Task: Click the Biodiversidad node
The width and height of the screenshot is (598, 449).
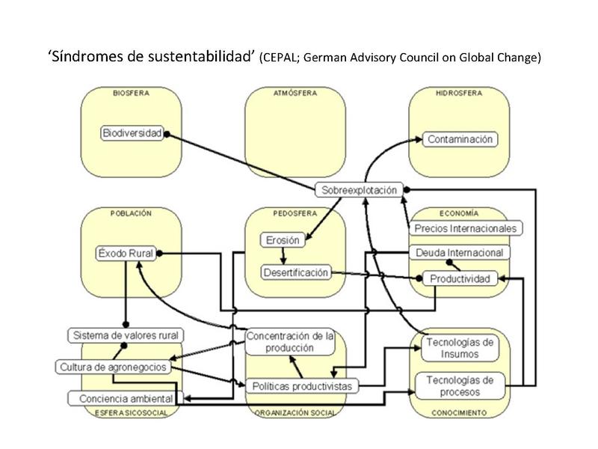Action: click(x=132, y=133)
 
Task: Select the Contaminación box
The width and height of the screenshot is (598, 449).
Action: click(x=460, y=139)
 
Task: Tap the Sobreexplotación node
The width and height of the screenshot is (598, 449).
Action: click(x=360, y=190)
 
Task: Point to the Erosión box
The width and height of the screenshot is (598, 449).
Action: click(x=282, y=240)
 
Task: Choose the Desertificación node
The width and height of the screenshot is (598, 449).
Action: click(x=296, y=272)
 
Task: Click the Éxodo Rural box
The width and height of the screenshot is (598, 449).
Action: click(x=126, y=254)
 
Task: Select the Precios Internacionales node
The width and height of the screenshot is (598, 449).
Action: click(x=466, y=227)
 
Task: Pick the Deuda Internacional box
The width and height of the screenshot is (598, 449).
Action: click(x=459, y=253)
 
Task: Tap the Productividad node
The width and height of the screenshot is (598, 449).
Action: click(x=460, y=278)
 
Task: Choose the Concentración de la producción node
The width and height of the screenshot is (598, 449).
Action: click(x=290, y=341)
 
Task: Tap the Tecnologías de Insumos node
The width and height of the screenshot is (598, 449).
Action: click(x=459, y=348)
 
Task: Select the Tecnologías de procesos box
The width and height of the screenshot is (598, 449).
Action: click(x=459, y=385)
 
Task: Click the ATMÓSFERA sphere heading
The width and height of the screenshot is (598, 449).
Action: click(x=295, y=93)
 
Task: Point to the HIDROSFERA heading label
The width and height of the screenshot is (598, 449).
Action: click(x=458, y=93)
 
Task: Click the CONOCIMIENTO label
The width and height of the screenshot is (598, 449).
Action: click(x=458, y=412)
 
